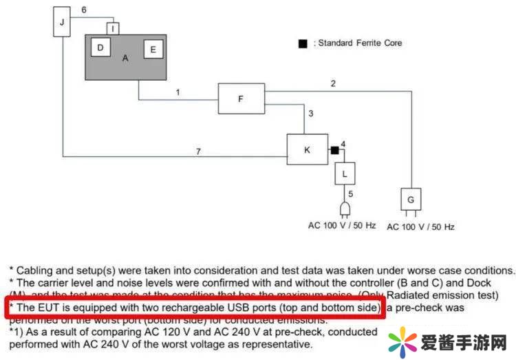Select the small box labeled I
[x=114, y=29]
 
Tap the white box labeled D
[x=100, y=48]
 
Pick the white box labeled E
[x=153, y=50]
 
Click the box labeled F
[x=241, y=99]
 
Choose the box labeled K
[x=306, y=149]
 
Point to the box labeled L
[x=345, y=173]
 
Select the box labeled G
[x=411, y=200]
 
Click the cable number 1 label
[x=178, y=92]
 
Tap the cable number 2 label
[x=333, y=84]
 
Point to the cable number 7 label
[x=198, y=151]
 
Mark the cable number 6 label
[x=83, y=10]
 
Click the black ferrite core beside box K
[x=334, y=149]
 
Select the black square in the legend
[x=302, y=43]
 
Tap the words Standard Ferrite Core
[x=360, y=43]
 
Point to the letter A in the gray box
[x=125, y=59]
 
